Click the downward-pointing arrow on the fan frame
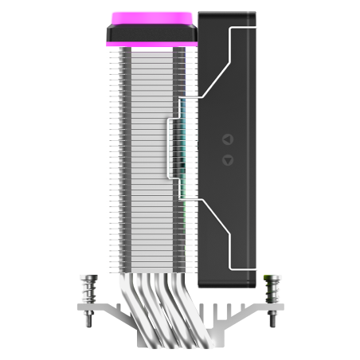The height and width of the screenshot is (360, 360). coord(227,158)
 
